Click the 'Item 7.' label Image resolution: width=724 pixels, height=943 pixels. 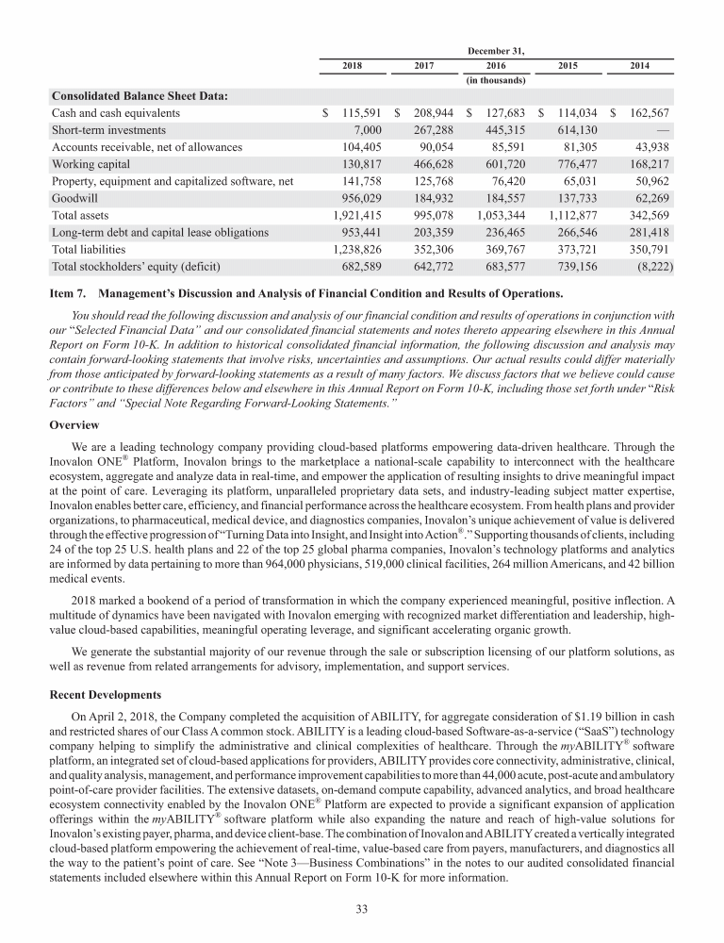click(x=68, y=292)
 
